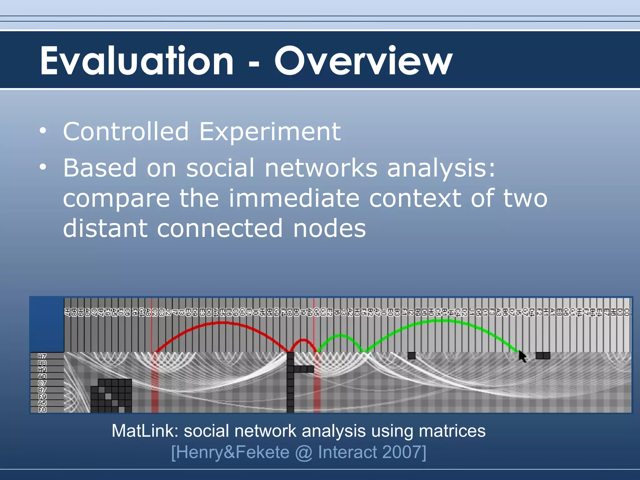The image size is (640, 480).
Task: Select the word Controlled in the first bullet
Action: [x=126, y=132]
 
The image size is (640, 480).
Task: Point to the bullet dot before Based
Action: [x=43, y=167]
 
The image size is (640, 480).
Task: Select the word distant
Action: [x=105, y=228]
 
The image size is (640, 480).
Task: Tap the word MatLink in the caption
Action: [x=145, y=431]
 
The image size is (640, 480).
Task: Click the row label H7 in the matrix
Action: [x=42, y=356]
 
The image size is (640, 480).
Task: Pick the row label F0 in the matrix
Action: [x=42, y=409]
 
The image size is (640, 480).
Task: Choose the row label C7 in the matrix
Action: [x=42, y=383]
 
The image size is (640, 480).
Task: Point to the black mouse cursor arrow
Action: [x=522, y=356]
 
